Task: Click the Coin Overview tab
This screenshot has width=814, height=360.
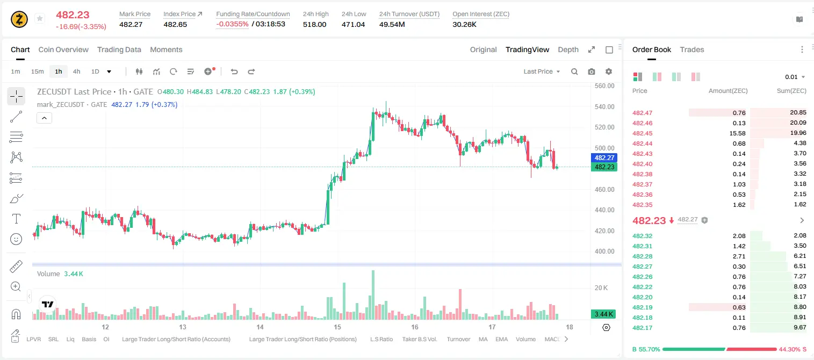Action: pos(63,49)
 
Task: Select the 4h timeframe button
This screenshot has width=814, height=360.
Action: pos(76,71)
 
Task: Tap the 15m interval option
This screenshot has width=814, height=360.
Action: pos(38,71)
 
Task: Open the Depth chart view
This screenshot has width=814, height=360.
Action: pos(568,49)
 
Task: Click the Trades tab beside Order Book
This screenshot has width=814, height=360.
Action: pos(692,49)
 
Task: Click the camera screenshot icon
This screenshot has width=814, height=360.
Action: pos(592,71)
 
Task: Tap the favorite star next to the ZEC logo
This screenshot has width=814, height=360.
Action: pos(40,18)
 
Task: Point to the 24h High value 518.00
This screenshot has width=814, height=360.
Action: pos(315,24)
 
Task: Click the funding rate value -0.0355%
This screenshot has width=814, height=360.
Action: pos(232,24)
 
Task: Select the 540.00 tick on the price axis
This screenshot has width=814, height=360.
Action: pos(604,107)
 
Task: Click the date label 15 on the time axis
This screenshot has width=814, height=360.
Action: pos(337,327)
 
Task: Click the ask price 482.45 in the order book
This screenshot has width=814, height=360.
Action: pos(642,133)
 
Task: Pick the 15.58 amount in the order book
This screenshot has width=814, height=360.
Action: pos(737,133)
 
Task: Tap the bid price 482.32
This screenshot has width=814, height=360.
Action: pos(642,236)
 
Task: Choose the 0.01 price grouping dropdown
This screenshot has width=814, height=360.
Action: pos(795,77)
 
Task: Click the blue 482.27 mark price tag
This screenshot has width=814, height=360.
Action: pos(604,157)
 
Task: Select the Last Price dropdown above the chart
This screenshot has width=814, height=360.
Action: pos(542,71)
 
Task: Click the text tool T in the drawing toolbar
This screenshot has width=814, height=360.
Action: pos(16,219)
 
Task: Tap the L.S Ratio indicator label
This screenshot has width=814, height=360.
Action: pos(381,339)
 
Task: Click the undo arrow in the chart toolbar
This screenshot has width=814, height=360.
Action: pos(234,71)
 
